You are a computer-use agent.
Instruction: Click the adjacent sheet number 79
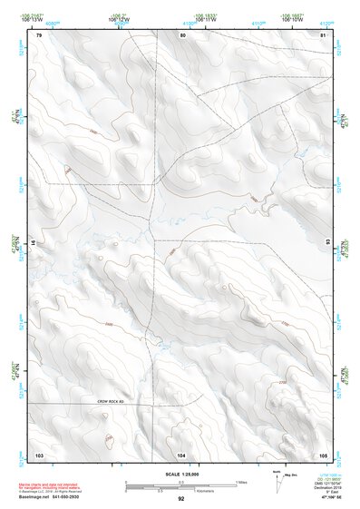click(39, 34)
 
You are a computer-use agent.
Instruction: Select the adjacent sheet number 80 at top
click(182, 34)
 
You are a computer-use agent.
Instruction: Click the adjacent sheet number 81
click(324, 34)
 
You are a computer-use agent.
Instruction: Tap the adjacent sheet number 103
click(39, 453)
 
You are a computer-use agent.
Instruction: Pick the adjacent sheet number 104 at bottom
click(181, 453)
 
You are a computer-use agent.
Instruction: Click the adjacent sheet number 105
click(323, 453)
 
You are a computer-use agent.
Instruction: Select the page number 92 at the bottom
click(180, 499)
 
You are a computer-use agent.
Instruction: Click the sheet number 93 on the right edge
click(326, 243)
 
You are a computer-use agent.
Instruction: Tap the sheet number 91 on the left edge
click(35, 243)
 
